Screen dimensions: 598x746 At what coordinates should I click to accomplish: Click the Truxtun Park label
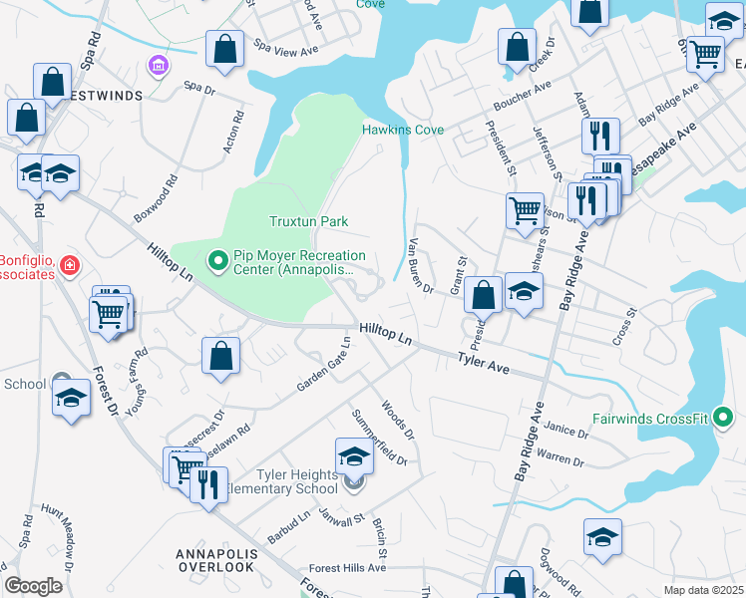pos(308,220)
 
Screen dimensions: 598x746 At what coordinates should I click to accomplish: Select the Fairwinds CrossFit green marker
pos(725,418)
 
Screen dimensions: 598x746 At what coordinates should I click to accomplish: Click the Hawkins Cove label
pos(403,130)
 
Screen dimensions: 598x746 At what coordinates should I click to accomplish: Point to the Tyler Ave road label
pos(484,363)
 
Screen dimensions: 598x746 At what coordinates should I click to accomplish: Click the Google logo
pos(34,586)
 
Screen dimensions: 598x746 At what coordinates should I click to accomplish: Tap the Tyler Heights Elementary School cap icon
pos(354,456)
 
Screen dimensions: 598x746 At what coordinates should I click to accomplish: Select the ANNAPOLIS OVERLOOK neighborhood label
pos(216,559)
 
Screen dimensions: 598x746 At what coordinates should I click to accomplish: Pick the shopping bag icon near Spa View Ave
pos(225,48)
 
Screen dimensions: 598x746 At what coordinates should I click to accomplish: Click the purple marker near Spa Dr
pos(157,66)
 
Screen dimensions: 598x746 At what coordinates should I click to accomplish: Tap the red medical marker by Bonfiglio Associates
pos(69,265)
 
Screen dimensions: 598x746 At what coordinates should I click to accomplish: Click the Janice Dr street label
pos(566,431)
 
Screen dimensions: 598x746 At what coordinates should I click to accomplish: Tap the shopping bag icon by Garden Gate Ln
pos(220,356)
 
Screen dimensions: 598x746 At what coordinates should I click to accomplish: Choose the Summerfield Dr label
pos(379,437)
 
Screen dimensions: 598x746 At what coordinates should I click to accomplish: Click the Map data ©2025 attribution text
pos(704,590)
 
